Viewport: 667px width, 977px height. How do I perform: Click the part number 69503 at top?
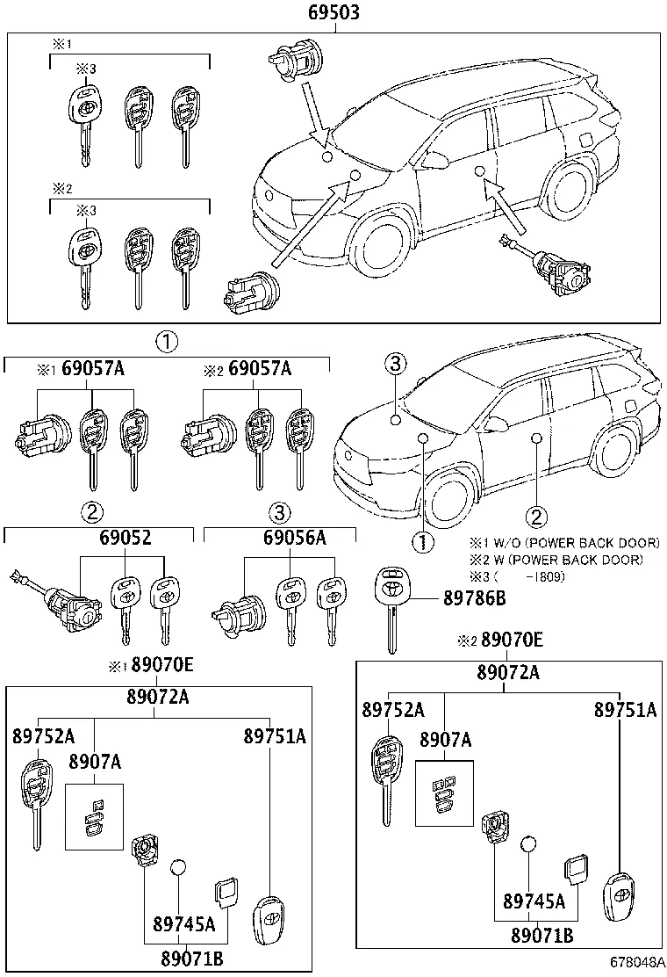[x=334, y=13]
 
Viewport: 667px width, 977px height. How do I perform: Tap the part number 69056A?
[x=294, y=537]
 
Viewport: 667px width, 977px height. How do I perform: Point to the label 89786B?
[x=474, y=600]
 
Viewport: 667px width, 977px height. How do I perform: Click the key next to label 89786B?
[x=389, y=606]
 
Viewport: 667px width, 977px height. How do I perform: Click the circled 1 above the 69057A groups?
[x=167, y=342]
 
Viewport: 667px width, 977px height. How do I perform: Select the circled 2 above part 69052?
[x=92, y=512]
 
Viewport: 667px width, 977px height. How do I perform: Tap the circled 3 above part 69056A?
[x=278, y=512]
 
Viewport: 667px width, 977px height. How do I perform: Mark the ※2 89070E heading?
[x=500, y=641]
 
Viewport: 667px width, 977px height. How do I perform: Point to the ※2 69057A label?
[x=247, y=369]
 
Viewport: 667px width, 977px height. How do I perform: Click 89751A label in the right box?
[x=625, y=709]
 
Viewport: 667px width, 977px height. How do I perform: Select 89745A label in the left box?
[x=183, y=923]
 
